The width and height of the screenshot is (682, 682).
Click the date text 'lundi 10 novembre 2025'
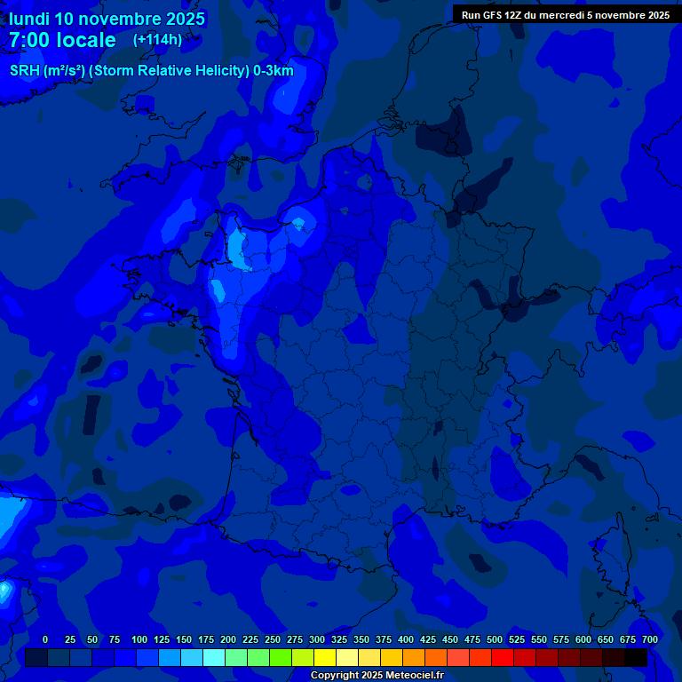(107, 19)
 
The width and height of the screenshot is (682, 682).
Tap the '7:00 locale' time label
(62, 40)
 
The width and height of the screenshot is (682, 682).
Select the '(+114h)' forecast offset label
(157, 40)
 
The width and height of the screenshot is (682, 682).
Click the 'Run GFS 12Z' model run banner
(566, 14)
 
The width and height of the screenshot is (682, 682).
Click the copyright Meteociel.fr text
(377, 676)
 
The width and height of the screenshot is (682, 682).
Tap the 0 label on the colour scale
(45, 639)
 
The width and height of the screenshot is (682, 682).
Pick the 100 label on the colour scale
(139, 639)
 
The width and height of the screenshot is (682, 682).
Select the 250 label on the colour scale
(273, 639)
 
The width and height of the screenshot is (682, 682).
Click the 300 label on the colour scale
(317, 639)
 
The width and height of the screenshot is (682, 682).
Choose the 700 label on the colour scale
(649, 639)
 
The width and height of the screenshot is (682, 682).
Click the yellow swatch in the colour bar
(325, 658)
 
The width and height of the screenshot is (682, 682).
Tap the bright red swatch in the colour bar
(503, 658)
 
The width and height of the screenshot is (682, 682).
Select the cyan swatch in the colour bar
(214, 658)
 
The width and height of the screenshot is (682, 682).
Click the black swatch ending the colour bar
(636, 658)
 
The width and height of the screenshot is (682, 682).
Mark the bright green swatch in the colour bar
(281, 658)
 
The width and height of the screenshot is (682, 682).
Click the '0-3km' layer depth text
(274, 71)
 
